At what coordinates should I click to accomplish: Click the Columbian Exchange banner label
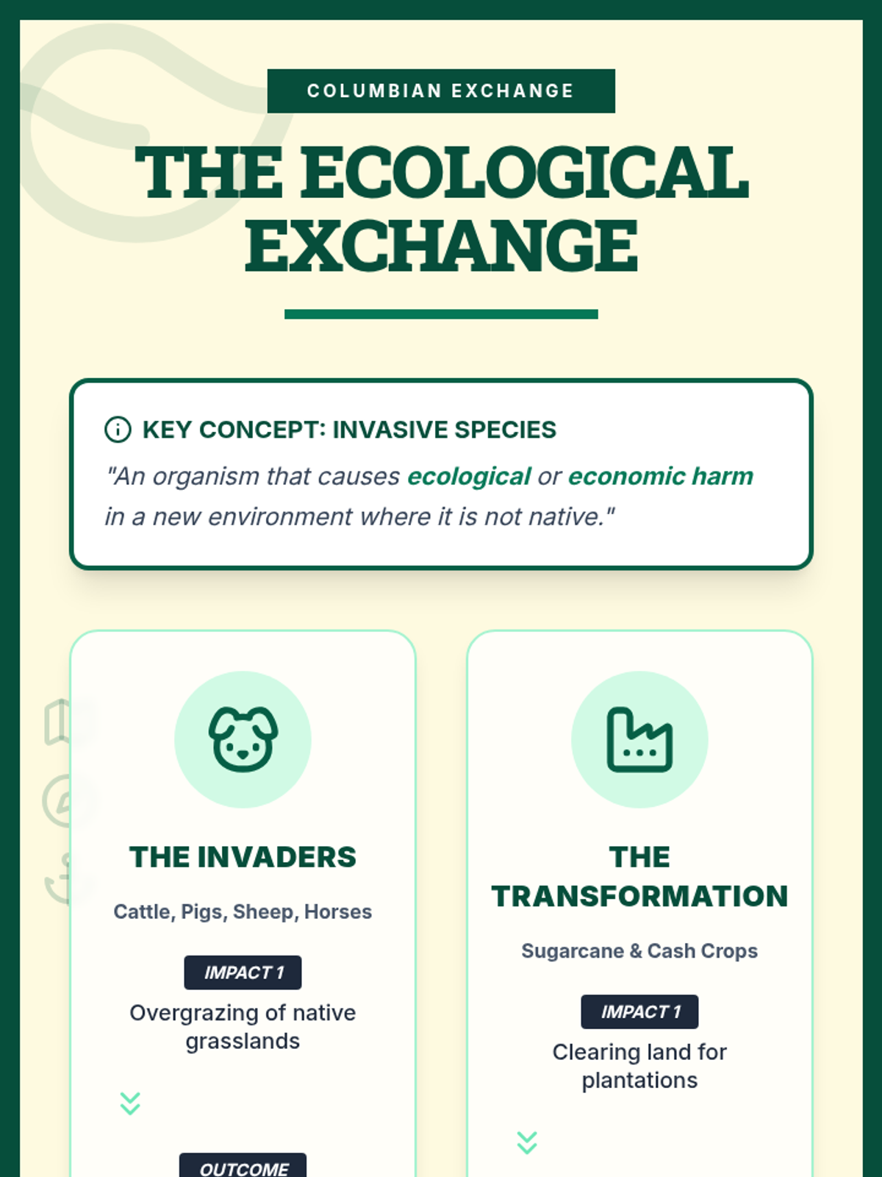click(441, 90)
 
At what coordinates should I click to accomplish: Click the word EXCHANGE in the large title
click(441, 246)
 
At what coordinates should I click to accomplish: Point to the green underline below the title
click(441, 314)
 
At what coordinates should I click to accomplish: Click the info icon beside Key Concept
click(118, 430)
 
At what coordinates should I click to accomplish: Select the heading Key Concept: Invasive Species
click(349, 430)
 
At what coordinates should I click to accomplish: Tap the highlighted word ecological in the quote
click(469, 477)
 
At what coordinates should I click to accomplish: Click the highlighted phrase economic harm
click(660, 476)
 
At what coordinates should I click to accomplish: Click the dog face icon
click(243, 739)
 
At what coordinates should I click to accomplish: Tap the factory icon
click(639, 739)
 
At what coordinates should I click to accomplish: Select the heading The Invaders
click(243, 856)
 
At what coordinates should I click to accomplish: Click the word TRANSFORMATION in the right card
click(639, 896)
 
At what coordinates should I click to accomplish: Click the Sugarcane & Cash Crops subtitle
click(639, 950)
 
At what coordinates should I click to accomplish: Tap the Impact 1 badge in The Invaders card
click(243, 972)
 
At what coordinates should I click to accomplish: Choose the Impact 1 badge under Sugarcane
click(639, 1011)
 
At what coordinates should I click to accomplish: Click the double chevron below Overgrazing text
click(130, 1103)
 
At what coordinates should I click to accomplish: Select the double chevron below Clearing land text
click(527, 1142)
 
